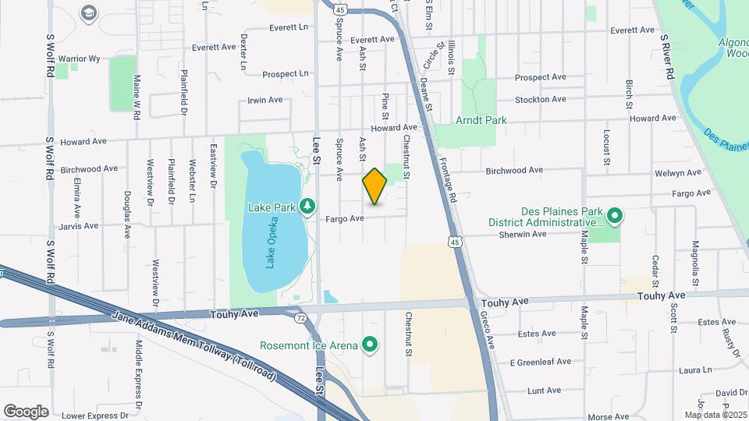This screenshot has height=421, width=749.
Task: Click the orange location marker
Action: (x=375, y=186)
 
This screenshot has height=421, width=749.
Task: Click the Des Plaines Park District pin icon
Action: (x=613, y=215)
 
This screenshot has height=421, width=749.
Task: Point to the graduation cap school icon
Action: (x=87, y=12)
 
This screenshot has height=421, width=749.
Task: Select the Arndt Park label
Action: (x=481, y=120)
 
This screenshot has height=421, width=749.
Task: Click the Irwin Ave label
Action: (x=264, y=100)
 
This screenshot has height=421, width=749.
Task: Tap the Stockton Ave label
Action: (x=540, y=99)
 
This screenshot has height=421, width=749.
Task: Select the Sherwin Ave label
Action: (x=523, y=233)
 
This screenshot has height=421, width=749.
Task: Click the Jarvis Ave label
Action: (x=79, y=226)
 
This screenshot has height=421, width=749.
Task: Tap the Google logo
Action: (x=26, y=411)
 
